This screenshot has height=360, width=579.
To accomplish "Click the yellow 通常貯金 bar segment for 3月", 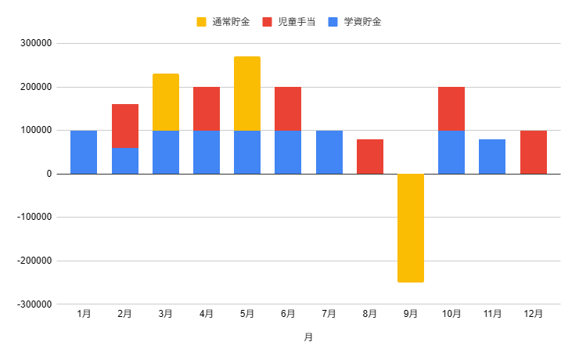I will (166, 102).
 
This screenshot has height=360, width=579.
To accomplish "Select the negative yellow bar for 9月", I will (411, 228).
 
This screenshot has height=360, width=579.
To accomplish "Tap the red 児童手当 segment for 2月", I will (125, 126).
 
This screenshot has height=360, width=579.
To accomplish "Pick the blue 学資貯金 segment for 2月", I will (125, 160).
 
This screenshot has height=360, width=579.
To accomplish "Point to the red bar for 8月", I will (370, 157).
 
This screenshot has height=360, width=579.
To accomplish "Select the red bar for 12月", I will (534, 152).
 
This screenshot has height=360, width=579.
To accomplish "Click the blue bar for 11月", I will (492, 157).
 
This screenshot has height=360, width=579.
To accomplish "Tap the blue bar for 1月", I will (84, 152).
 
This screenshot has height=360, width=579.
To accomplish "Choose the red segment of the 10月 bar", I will (451, 109).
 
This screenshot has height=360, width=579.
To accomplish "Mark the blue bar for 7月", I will (329, 152).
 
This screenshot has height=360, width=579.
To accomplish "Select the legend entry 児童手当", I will (290, 22).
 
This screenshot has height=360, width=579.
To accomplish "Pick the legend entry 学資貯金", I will (356, 22).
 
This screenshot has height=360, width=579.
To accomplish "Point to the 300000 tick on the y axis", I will (36, 44).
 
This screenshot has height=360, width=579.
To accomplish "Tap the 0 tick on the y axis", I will (49, 174).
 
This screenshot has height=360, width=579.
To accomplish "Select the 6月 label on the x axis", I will (288, 314).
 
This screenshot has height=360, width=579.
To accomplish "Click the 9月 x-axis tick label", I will (411, 314).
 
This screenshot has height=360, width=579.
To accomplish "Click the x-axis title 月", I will (308, 337).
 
